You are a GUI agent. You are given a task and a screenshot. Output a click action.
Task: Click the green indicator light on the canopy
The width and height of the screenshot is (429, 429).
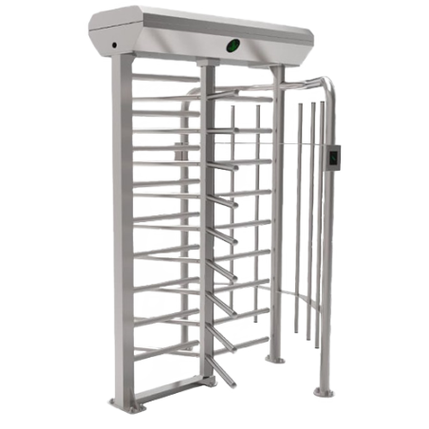pos(232,45)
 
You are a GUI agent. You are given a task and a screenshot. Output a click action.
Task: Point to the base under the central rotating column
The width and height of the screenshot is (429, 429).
pos(211,380)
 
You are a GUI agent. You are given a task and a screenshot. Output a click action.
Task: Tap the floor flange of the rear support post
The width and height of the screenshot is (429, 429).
pos(274,359)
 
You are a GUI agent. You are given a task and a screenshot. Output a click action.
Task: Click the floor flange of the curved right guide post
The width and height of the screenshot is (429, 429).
pos(325,390)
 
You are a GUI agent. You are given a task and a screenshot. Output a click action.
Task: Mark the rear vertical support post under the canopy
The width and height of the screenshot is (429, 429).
pos(272,209)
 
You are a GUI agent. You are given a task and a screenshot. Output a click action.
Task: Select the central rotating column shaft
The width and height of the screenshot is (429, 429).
pos(207,218)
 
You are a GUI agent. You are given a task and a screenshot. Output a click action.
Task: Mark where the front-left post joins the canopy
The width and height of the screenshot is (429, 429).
pos(119,59)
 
